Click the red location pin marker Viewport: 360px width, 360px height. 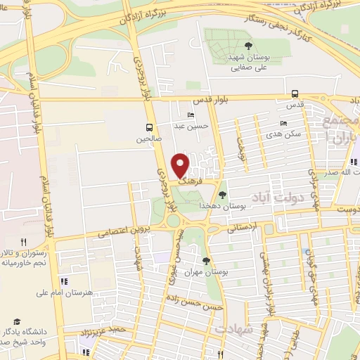coord(181,165)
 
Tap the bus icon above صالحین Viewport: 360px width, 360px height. coord(149,127)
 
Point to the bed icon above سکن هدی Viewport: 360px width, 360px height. coord(283,123)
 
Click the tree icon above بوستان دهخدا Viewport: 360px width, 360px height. coord(222,195)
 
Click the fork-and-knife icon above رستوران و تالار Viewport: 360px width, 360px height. coord(23,242)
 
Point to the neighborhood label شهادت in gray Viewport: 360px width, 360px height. coord(234,329)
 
